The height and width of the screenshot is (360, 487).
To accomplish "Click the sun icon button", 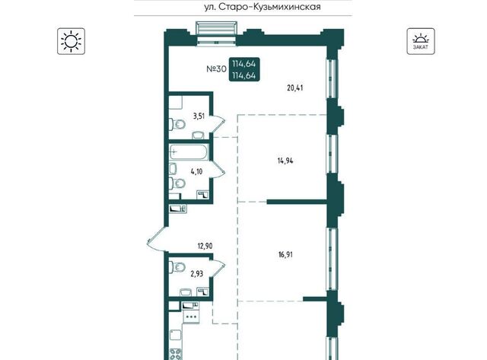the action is pyautogui.click(x=71, y=41).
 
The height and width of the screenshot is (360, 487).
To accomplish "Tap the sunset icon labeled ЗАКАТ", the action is pyautogui.click(x=421, y=41).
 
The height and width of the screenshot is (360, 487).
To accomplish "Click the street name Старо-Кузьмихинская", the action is pyautogui.click(x=270, y=7).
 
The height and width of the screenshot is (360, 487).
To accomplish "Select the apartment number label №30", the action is pyautogui.click(x=216, y=69).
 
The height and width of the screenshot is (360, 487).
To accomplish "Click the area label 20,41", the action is pyautogui.click(x=295, y=88).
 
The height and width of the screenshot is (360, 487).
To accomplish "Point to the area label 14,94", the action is pyautogui.click(x=285, y=161).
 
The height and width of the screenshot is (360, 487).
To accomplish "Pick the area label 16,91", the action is pyautogui.click(x=285, y=255).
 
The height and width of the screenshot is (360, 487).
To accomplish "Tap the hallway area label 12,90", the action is pyautogui.click(x=205, y=247).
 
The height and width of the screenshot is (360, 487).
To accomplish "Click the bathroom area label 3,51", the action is pyautogui.click(x=199, y=116).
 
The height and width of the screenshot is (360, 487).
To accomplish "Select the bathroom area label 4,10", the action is pyautogui.click(x=196, y=171).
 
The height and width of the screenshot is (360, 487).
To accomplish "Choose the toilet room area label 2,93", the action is pyautogui.click(x=196, y=274).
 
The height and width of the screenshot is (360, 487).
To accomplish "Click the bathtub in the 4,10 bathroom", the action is pyautogui.click(x=188, y=152).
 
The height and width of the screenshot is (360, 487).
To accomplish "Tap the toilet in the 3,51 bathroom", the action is pyautogui.click(x=177, y=125).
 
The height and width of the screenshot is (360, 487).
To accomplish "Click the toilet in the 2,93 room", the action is pyautogui.click(x=177, y=266).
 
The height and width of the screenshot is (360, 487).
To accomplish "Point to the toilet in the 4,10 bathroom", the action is pyautogui.click(x=177, y=183).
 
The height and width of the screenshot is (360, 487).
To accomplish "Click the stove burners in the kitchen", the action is pyautogui.click(x=176, y=355).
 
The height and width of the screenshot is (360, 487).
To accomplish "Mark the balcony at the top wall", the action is pyautogui.click(x=216, y=32).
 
